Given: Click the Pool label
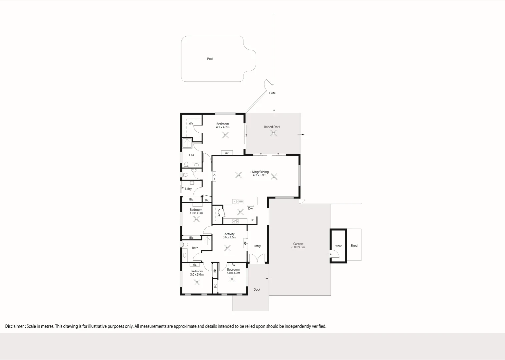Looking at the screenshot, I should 210,59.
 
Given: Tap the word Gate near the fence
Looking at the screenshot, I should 272,93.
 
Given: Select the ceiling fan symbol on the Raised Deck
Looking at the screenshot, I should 274,133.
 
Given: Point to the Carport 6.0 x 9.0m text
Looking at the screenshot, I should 298,246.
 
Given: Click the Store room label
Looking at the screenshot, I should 338,246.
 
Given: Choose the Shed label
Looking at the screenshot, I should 354,246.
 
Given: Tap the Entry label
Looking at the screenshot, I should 257,246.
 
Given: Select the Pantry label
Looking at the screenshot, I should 219,213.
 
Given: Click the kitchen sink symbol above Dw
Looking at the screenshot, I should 237,201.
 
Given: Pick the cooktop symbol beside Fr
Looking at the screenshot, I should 235,221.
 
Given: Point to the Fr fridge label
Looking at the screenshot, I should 252,220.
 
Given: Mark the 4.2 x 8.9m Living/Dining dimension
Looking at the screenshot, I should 260,175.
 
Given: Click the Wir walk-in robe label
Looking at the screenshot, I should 191,123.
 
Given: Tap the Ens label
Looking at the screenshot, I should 191,155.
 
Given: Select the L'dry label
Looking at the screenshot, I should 188,189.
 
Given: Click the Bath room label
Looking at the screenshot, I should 195,248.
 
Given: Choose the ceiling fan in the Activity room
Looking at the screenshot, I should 227,248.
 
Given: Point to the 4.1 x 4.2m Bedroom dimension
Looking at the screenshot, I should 222,127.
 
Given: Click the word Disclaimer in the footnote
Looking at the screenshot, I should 14,326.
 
